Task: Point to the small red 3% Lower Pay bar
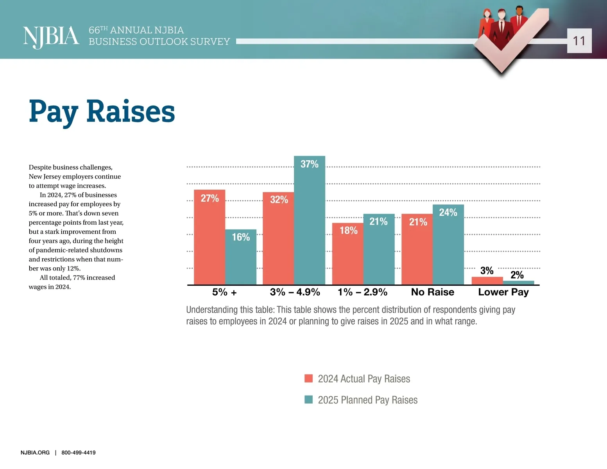pos(487,281)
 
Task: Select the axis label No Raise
pos(432,292)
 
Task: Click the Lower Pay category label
pos(503,292)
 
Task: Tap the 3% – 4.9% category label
pos(295,292)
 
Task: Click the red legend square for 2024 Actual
pos(308,378)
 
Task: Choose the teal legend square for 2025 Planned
pos(308,399)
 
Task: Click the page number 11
pos(579,41)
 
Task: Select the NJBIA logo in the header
pos(51,37)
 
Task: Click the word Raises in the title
pos(131,112)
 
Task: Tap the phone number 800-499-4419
pos(78,453)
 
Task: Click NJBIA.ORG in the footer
pos(35,453)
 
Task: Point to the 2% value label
pos(517,275)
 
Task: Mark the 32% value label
pos(279,200)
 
